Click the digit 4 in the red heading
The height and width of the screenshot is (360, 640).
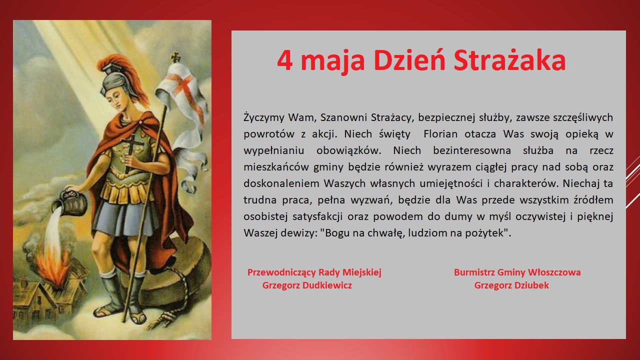(285, 60)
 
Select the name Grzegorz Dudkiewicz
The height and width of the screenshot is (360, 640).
(307, 285)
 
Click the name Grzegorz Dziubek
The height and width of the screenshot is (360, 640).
(511, 285)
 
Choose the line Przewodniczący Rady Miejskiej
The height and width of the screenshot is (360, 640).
(314, 272)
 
